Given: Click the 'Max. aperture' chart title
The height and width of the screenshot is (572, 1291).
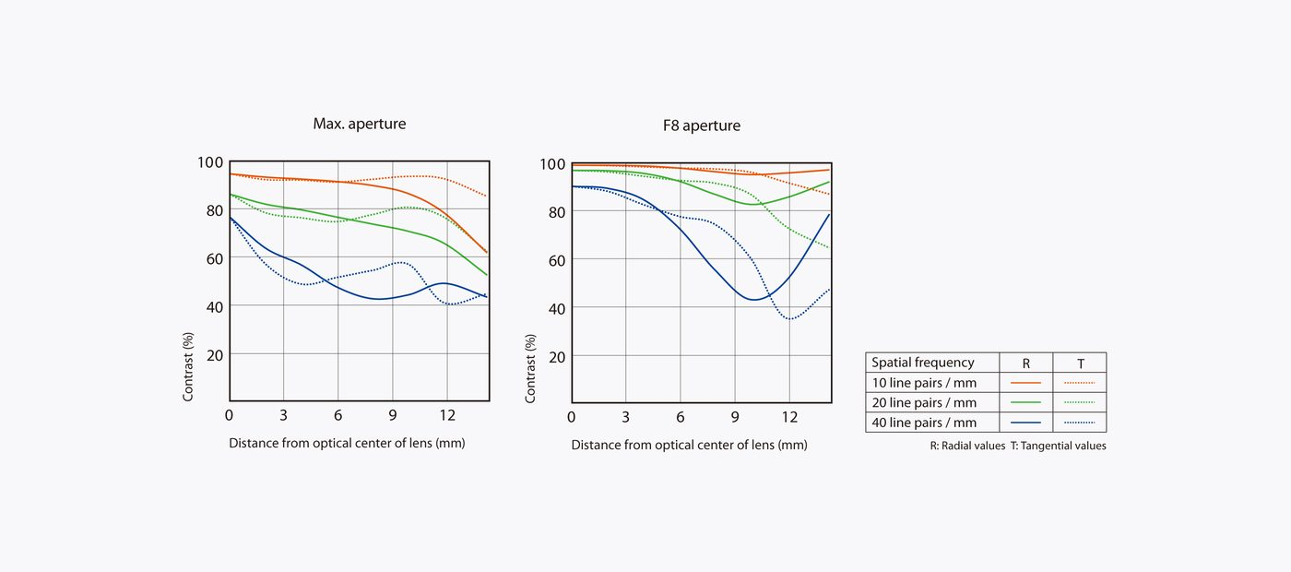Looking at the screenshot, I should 359,124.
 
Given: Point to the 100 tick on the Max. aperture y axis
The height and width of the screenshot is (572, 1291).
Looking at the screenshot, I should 210,162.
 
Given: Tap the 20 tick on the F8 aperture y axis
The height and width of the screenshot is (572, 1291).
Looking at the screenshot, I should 556,356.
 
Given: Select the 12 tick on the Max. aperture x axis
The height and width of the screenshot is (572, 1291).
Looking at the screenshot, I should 447,415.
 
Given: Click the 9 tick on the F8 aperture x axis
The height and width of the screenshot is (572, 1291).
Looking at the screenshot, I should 735,417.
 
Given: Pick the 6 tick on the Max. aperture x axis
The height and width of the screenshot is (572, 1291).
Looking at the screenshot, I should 338,415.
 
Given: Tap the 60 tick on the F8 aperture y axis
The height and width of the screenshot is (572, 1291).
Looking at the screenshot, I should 556,259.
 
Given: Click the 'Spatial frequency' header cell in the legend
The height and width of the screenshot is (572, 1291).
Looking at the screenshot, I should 922,363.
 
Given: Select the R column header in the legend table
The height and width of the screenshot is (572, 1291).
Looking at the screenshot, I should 1026,363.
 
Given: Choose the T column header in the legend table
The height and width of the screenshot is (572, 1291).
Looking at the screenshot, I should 1080,363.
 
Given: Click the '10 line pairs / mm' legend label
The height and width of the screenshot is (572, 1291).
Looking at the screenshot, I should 924,383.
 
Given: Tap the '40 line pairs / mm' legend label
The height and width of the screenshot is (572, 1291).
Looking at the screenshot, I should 924,423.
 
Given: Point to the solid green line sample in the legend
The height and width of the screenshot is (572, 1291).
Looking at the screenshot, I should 1025,403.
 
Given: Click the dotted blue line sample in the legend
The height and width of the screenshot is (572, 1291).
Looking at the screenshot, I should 1079,423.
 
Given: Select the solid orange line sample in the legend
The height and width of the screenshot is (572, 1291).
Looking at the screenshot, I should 1025,383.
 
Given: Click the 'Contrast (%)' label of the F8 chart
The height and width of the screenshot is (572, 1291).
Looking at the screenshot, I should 531,368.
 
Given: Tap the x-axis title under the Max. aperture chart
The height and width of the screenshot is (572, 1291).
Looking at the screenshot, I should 347,443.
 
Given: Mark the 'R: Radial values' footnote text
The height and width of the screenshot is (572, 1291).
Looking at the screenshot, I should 967,446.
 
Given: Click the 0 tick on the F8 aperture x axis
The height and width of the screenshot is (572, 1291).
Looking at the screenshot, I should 572,417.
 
